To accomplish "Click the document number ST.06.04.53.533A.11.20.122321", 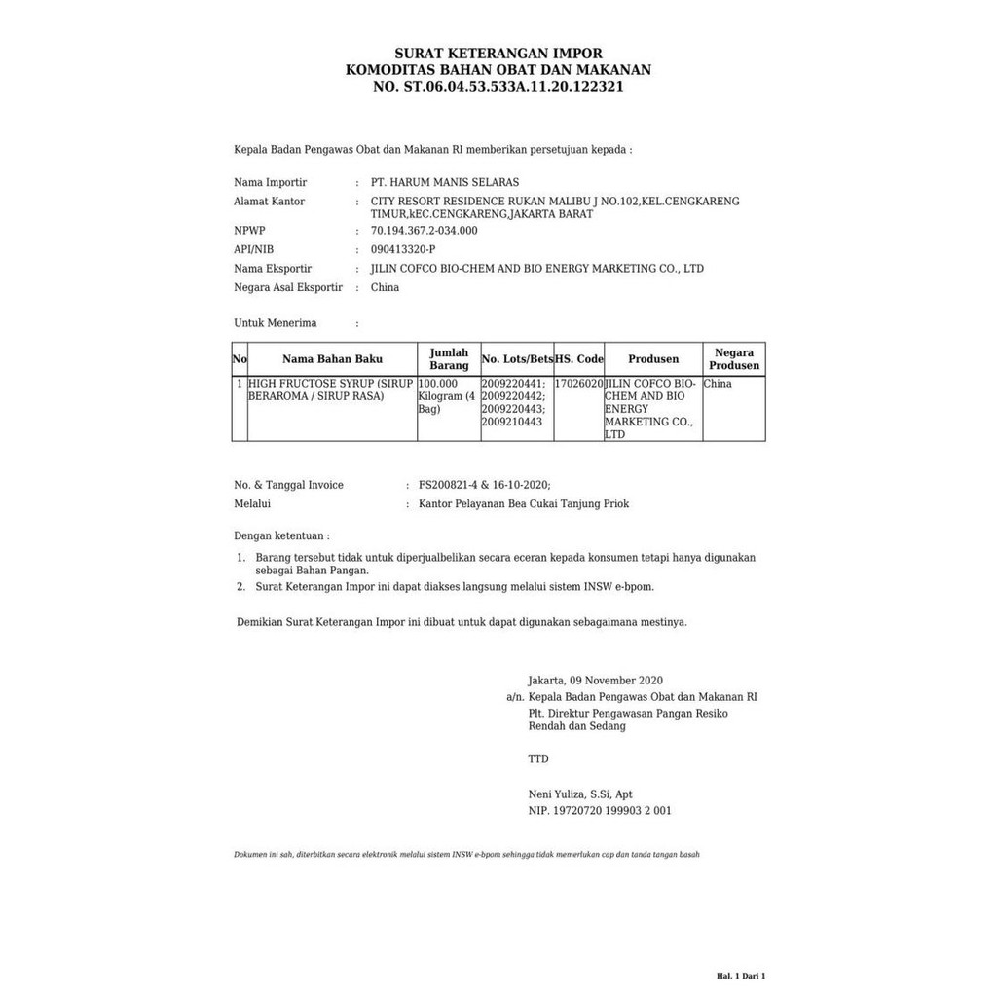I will [512, 87].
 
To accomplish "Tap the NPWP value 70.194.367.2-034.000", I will [425, 231].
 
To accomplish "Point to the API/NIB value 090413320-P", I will [404, 249].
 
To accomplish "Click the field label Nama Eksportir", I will [273, 269].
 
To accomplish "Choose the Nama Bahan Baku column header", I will [333, 359].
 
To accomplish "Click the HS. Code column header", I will [579, 359].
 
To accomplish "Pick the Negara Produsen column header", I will [734, 359].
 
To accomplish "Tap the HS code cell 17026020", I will [579, 384].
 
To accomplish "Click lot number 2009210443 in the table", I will [513, 422].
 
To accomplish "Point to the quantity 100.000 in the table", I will [438, 384].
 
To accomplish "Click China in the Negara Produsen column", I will [718, 384].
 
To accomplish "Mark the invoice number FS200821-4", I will [448, 485].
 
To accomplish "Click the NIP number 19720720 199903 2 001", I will [612, 810].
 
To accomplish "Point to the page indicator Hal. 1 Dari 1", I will [742, 975].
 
